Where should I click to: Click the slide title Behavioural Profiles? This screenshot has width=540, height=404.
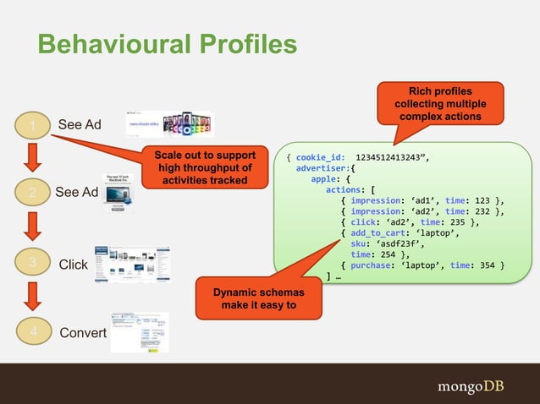(168, 45)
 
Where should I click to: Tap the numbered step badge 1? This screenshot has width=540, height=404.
(32, 126)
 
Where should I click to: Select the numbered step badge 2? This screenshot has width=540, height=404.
(32, 193)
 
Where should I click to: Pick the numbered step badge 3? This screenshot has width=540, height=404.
(32, 264)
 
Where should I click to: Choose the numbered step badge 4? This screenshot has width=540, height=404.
(32, 332)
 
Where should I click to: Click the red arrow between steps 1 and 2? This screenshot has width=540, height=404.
(32, 158)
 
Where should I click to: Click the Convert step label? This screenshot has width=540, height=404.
(83, 332)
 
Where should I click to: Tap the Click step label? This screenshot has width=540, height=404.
(74, 265)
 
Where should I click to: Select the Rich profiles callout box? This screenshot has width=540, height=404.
(440, 102)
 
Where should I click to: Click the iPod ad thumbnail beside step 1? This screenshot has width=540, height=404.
(170, 123)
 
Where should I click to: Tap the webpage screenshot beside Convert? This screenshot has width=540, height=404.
(139, 332)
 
